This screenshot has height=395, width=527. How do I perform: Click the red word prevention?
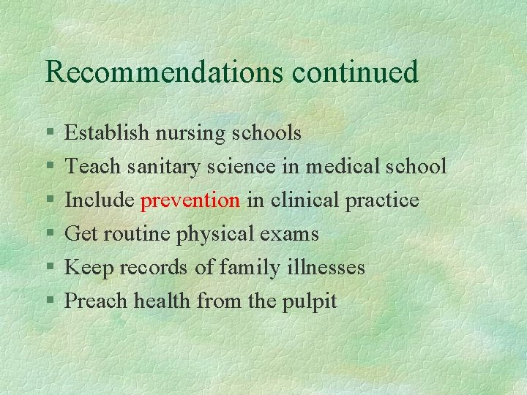click(x=190, y=200)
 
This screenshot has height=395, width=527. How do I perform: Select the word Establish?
click(x=105, y=132)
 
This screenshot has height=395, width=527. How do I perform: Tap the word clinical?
click(x=306, y=200)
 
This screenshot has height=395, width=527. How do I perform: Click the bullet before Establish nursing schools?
click(x=49, y=134)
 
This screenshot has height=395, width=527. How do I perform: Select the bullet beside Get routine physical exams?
click(x=49, y=235)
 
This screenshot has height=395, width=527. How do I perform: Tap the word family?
click(x=247, y=268)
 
